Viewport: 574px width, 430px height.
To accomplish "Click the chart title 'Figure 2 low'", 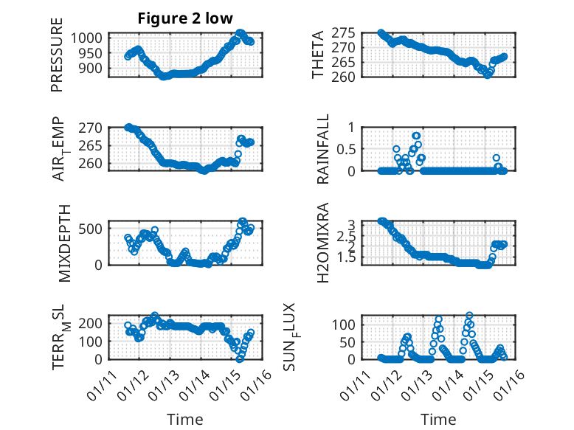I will [x=186, y=19].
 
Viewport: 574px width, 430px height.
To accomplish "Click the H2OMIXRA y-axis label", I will [x=322, y=243].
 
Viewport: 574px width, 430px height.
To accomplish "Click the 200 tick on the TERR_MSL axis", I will [x=93, y=323].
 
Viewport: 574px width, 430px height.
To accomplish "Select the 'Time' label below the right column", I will [x=438, y=419].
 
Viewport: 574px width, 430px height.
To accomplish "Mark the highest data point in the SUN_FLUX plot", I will [x=469, y=316].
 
